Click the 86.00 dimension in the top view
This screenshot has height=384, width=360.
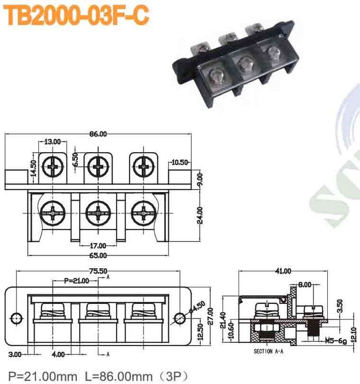click(x=98, y=134)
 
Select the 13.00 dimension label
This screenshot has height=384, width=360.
click(x=53, y=142)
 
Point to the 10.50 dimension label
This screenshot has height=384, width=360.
click(x=180, y=162)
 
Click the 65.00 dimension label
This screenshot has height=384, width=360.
click(x=98, y=256)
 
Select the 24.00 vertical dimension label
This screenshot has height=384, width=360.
click(x=200, y=216)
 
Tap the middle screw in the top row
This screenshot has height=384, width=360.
click(x=98, y=168)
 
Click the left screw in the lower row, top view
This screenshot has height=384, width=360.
click(x=51, y=212)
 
